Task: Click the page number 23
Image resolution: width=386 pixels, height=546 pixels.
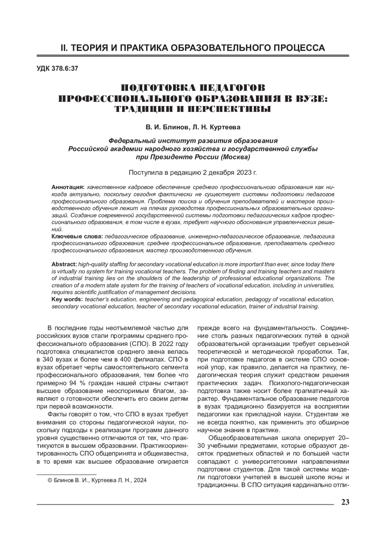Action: point(345,503)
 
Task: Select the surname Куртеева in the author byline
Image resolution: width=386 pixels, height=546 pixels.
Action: point(225,127)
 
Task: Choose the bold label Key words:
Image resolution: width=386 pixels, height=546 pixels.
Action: point(67,300)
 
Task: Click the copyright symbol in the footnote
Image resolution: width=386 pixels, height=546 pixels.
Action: point(50,480)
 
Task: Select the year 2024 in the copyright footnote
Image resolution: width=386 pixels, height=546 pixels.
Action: point(140,480)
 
